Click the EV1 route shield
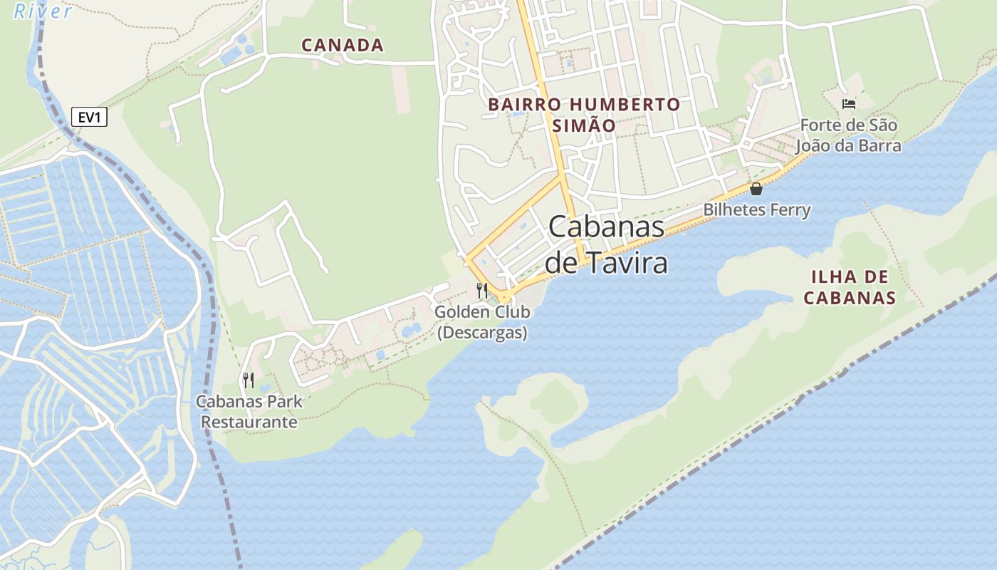pyautogui.click(x=89, y=117)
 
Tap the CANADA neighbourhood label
pyautogui.click(x=343, y=46)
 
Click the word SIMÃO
pyautogui.click(x=584, y=125)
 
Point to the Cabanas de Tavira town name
pyautogui.click(x=607, y=244)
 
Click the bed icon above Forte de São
pyautogui.click(x=848, y=104)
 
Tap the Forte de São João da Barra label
pyautogui.click(x=848, y=135)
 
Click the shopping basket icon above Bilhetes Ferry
pyautogui.click(x=756, y=189)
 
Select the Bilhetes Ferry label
pyautogui.click(x=756, y=210)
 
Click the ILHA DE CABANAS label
pyautogui.click(x=850, y=287)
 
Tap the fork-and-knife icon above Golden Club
pyautogui.click(x=482, y=290)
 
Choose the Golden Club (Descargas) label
pyautogui.click(x=482, y=322)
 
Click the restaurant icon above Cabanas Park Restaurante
pyautogui.click(x=248, y=380)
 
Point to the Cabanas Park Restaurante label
pyautogui.click(x=249, y=412)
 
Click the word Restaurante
pyautogui.click(x=249, y=422)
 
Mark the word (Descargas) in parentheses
pyautogui.click(x=482, y=333)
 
